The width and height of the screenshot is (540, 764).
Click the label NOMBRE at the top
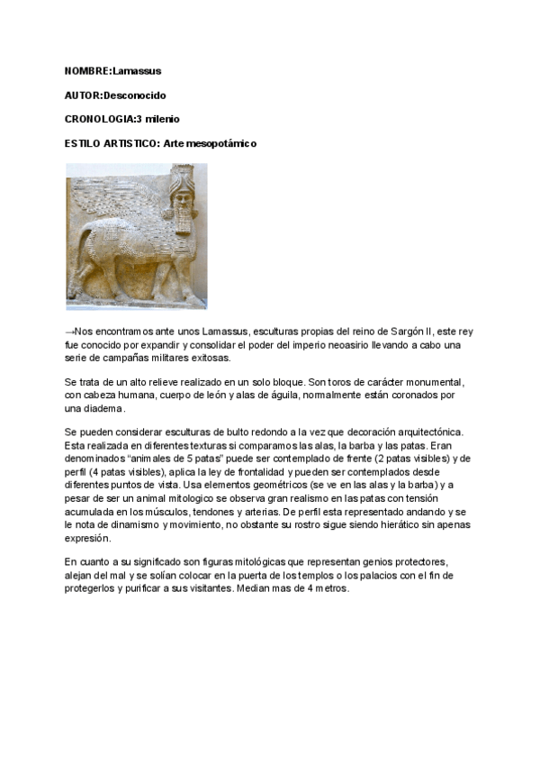click(x=87, y=70)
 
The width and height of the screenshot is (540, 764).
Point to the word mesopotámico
click(x=224, y=143)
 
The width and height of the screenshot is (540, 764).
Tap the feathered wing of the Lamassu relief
click(x=117, y=202)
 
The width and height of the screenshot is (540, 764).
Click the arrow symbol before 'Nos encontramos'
click(x=70, y=332)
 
